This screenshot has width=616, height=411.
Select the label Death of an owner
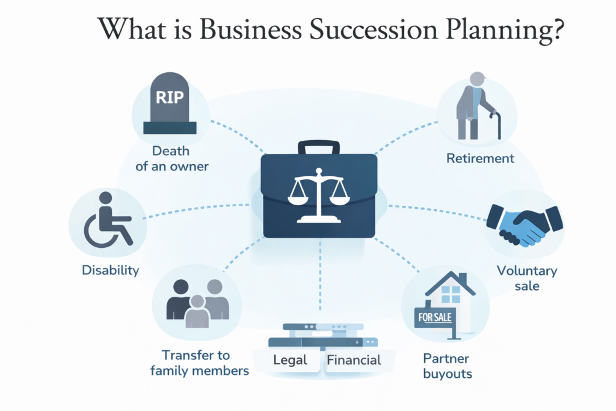pos(172,158)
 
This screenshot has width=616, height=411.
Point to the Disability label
pos(111,270)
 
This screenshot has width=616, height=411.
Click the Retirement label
pos(480,158)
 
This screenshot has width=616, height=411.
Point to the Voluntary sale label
pos(526,277)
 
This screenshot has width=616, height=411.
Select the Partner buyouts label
pos(447,366)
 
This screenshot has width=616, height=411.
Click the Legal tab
pos(291,360)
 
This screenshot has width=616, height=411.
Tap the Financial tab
pos(354,360)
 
